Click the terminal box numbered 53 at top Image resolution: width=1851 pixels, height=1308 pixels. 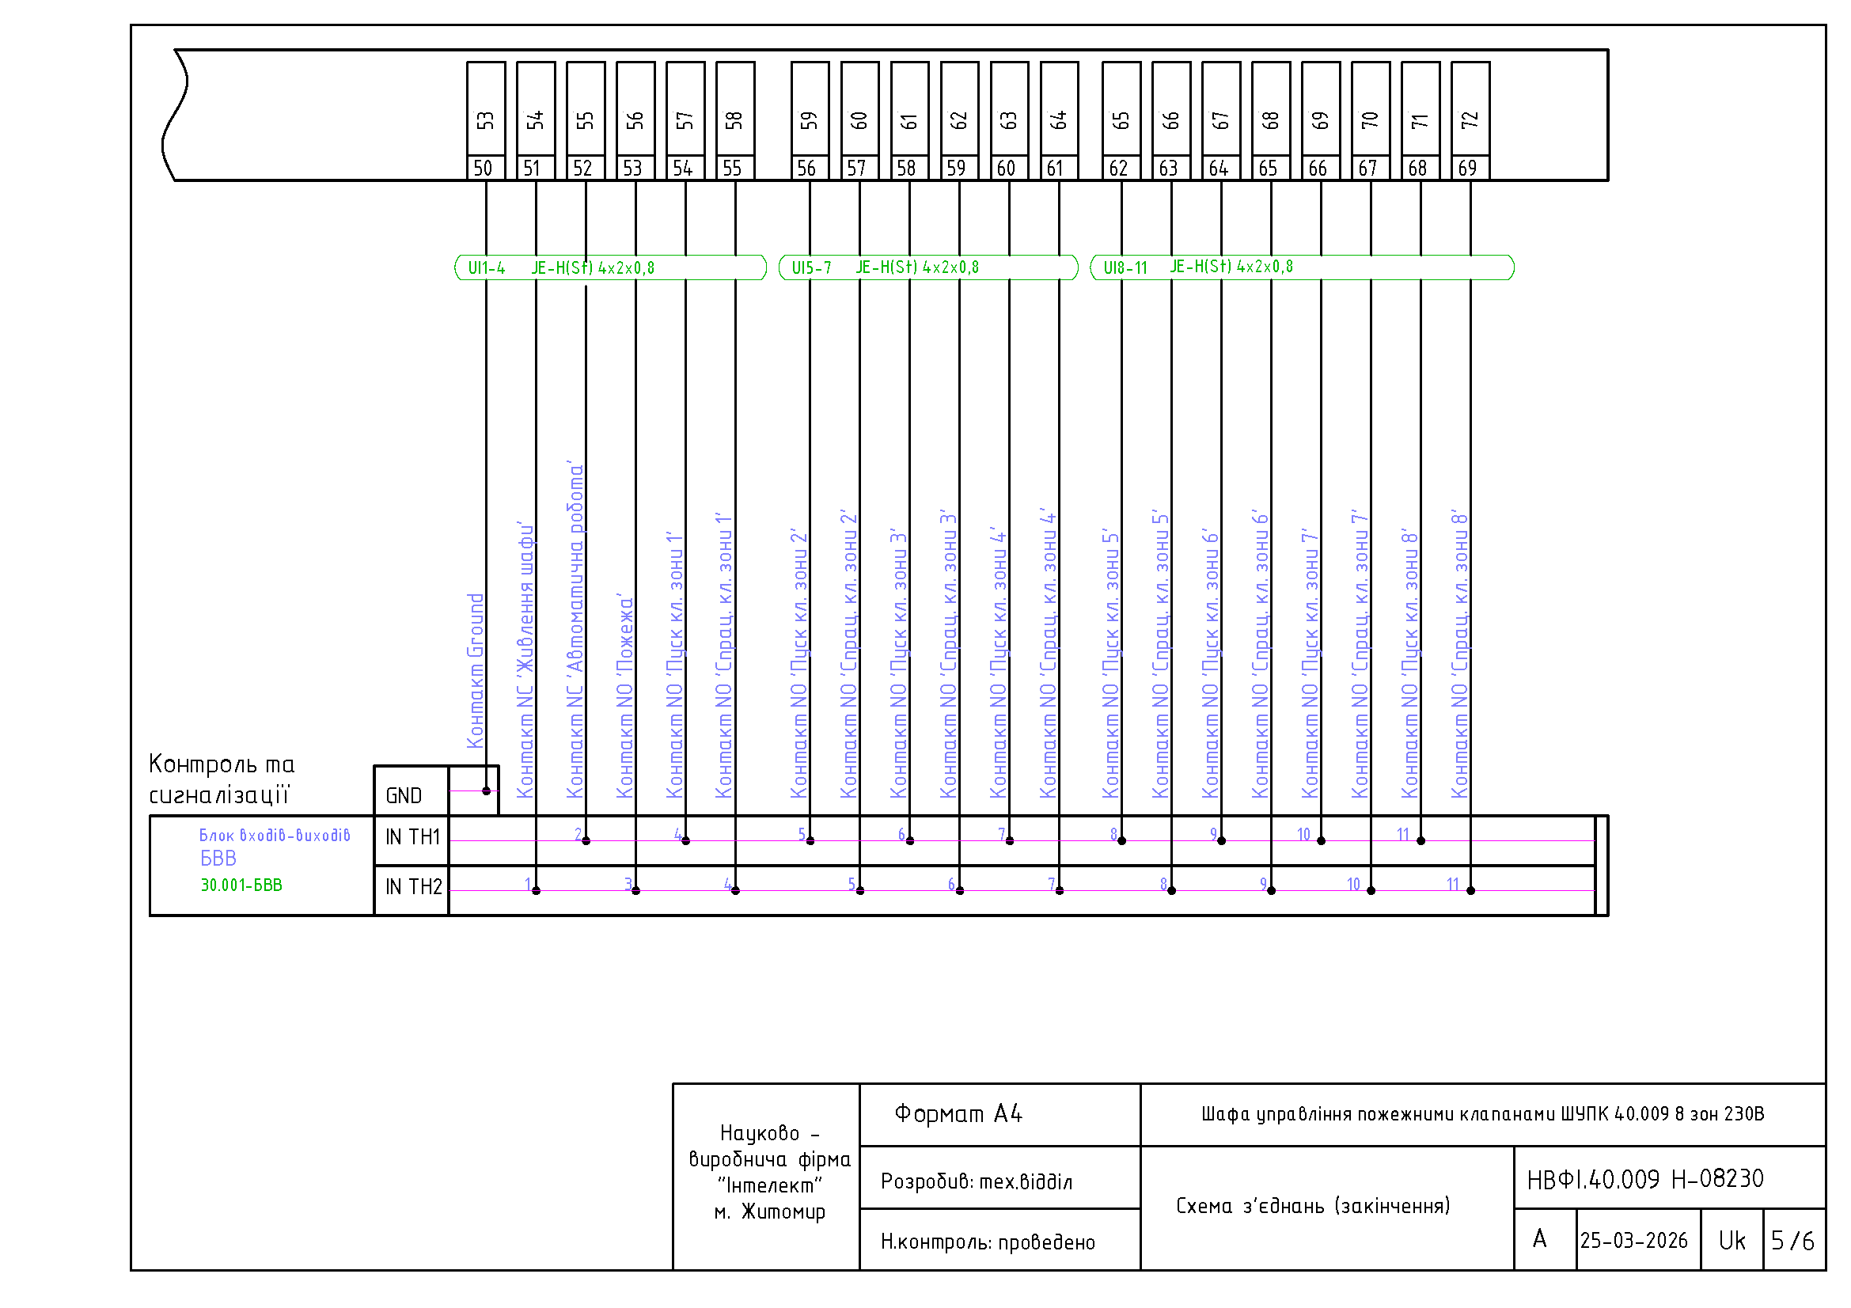(x=486, y=108)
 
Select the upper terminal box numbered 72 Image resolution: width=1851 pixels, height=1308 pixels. (x=1470, y=108)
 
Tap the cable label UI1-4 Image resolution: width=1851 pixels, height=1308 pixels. (x=487, y=268)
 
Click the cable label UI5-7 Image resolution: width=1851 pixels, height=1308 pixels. (x=811, y=268)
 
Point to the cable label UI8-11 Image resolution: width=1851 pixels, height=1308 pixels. (x=1125, y=268)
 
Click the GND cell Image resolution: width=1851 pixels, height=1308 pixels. (x=412, y=791)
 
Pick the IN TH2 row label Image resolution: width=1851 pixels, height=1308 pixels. (x=414, y=887)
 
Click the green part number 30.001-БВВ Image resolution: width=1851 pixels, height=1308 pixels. (x=241, y=885)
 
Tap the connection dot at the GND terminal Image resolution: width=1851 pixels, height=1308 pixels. (x=486, y=791)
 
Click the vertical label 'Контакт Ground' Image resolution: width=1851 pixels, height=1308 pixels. (x=476, y=671)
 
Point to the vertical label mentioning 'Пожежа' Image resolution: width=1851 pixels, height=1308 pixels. (x=625, y=697)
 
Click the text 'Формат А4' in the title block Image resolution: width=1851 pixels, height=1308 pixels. (x=958, y=1115)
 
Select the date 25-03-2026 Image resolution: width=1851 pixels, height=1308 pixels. (x=1634, y=1241)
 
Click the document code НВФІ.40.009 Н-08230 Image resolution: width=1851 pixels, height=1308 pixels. (x=1645, y=1180)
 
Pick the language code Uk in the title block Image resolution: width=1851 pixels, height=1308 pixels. (x=1732, y=1241)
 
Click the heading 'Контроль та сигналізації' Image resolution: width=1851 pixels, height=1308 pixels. (x=222, y=780)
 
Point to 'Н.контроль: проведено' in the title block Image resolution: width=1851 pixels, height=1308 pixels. (x=988, y=1243)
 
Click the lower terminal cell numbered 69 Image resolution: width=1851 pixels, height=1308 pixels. (x=1470, y=169)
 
